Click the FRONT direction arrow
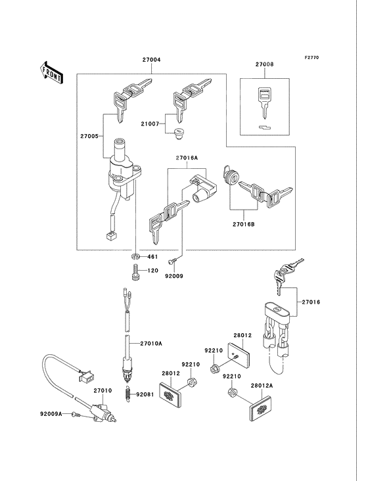pyautogui.click(x=52, y=72)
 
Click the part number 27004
pyautogui.click(x=152, y=60)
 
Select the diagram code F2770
pyautogui.click(x=311, y=57)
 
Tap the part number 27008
pyautogui.click(x=264, y=64)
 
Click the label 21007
pyautogui.click(x=150, y=124)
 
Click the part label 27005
pyautogui.click(x=89, y=136)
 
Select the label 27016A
pyautogui.click(x=187, y=158)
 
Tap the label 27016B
pyautogui.click(x=244, y=224)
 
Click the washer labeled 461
pyautogui.click(x=135, y=256)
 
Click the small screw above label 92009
pyautogui.click(x=172, y=261)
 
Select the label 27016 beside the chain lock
pyautogui.click(x=311, y=302)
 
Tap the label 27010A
pyautogui.click(x=151, y=344)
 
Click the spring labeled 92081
pyautogui.click(x=128, y=394)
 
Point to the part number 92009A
pyautogui.click(x=51, y=414)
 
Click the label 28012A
pyautogui.click(x=262, y=386)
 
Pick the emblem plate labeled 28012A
pyautogui.click(x=262, y=408)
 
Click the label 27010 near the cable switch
pyautogui.click(x=103, y=390)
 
